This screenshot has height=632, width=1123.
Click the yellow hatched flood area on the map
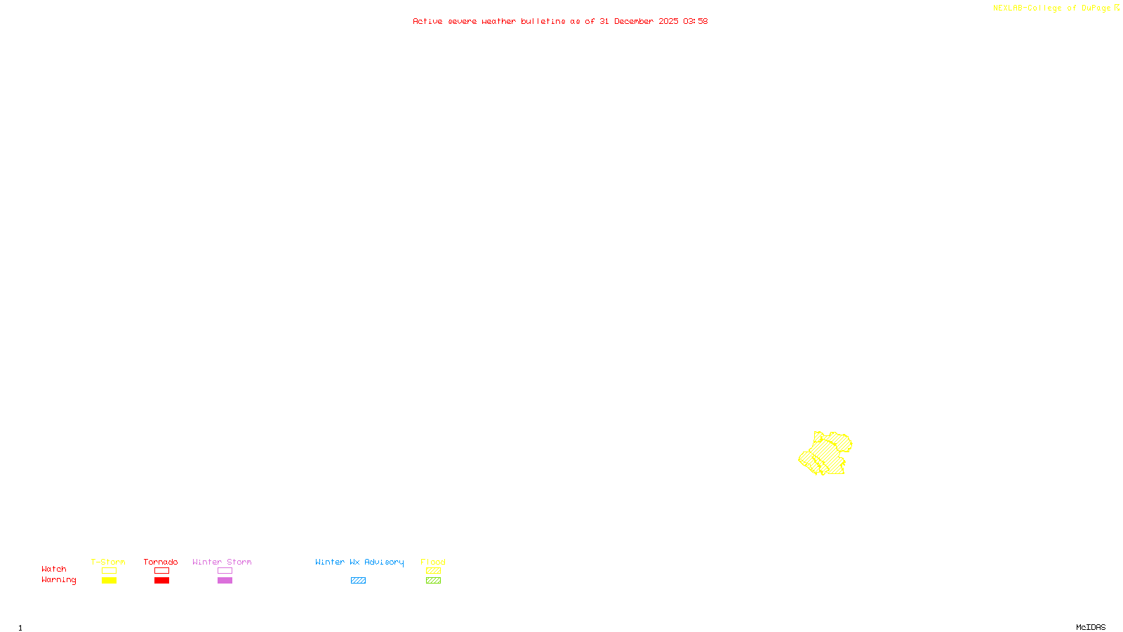(x=827, y=453)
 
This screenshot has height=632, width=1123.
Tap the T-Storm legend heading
(x=108, y=562)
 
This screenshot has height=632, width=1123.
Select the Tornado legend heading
(x=161, y=562)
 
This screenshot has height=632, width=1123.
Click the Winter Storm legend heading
(x=222, y=562)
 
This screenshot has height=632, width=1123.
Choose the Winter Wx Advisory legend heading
(x=359, y=562)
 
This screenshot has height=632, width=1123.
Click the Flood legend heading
(x=433, y=562)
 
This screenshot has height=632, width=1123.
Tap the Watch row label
(x=54, y=570)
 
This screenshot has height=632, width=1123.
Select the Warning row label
(x=59, y=580)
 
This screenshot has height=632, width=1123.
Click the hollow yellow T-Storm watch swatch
(x=109, y=571)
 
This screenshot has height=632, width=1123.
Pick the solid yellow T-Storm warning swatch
(x=109, y=581)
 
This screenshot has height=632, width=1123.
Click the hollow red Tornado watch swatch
(x=161, y=571)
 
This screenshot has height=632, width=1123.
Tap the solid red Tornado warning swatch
(x=161, y=581)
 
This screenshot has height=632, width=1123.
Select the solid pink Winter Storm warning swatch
(x=225, y=581)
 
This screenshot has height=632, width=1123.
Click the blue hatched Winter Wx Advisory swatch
(x=358, y=581)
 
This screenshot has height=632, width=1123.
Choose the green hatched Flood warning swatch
(x=433, y=581)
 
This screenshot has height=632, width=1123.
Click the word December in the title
(x=634, y=21)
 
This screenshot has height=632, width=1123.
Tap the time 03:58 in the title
(x=695, y=21)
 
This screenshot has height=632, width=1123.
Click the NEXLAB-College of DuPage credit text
(x=1051, y=8)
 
